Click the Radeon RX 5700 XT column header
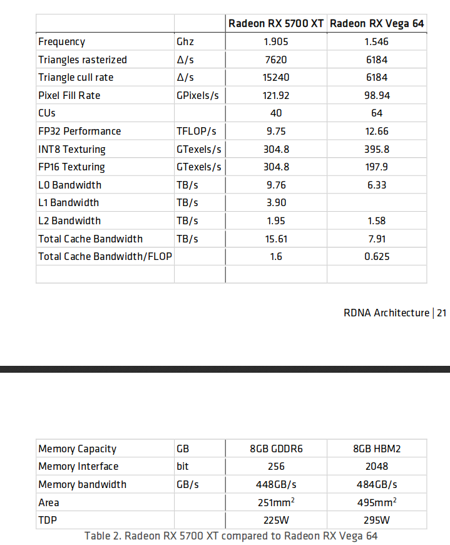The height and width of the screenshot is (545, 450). [x=275, y=24]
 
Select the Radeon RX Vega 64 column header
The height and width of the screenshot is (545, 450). [x=376, y=24]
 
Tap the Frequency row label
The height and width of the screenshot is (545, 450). [x=61, y=42]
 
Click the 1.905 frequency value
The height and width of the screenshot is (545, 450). [x=276, y=42]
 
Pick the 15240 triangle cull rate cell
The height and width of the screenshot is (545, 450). [x=276, y=78]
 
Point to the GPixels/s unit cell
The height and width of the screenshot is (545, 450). [x=198, y=96]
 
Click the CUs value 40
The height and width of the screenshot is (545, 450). [x=276, y=113]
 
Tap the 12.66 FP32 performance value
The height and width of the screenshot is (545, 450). [x=376, y=132]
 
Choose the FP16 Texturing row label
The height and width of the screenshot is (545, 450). [x=71, y=167]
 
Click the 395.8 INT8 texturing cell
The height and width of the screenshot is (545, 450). [x=376, y=150]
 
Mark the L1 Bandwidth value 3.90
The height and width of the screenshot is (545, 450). [x=276, y=203]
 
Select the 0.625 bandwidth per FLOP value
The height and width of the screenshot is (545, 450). [x=376, y=257]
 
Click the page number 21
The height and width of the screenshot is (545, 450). [x=441, y=313]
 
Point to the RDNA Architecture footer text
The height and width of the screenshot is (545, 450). [x=386, y=313]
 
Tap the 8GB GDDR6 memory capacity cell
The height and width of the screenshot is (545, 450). [x=276, y=449]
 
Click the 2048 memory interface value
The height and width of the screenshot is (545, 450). [x=376, y=467]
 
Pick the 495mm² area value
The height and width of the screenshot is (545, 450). [x=376, y=502]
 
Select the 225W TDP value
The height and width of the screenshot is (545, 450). [x=276, y=521]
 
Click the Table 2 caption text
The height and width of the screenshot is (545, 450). [x=231, y=536]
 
